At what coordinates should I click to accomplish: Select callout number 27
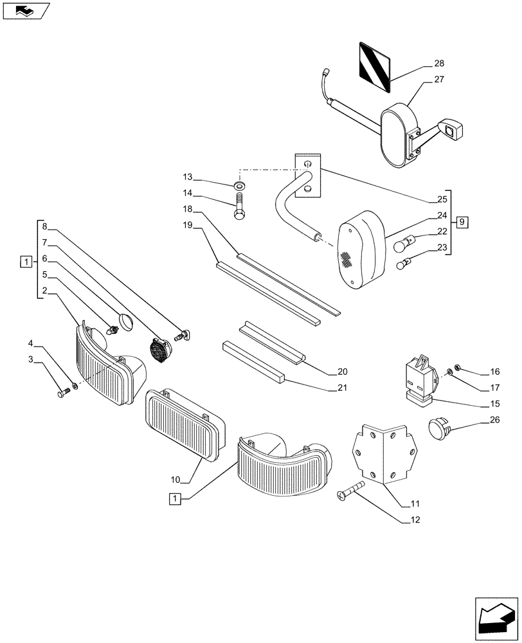[440, 80]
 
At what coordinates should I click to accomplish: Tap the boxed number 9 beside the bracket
[462, 222]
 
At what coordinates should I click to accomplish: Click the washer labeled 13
[239, 186]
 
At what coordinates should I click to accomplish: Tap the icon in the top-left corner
[24, 10]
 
